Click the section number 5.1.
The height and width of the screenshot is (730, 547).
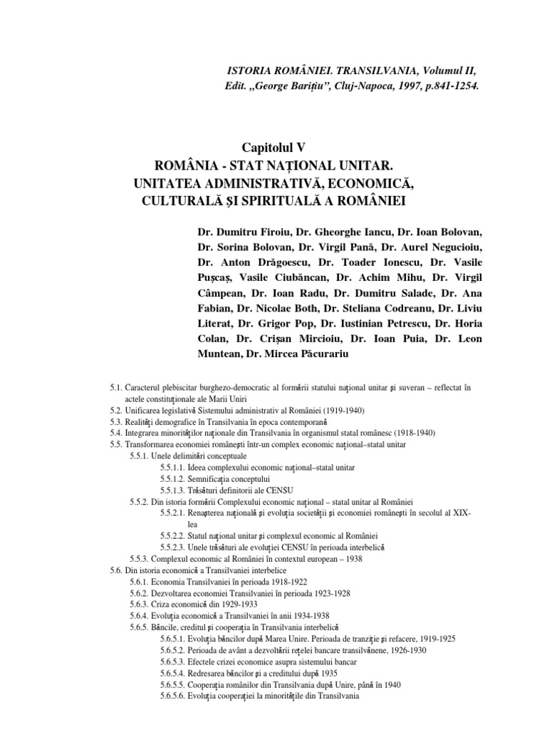(117, 387)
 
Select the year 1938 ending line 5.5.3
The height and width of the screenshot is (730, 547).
(352, 558)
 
